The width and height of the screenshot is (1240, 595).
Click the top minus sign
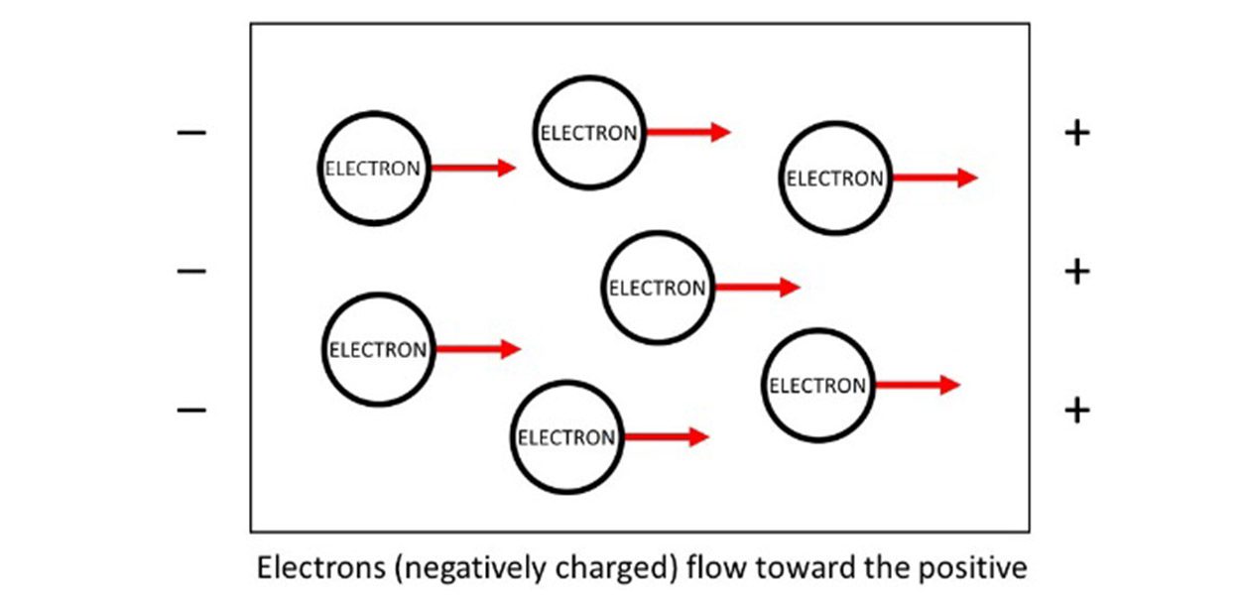click(191, 132)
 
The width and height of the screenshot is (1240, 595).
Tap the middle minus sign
click(191, 270)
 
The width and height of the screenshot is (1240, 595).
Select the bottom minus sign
click(191, 409)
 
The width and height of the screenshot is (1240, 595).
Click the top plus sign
click(1076, 132)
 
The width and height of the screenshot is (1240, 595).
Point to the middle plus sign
click(1076, 270)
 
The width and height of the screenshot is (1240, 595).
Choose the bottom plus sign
click(1076, 409)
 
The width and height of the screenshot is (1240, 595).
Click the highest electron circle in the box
click(589, 132)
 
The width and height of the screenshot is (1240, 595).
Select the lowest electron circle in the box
click(566, 436)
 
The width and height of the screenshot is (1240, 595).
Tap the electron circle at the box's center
click(657, 288)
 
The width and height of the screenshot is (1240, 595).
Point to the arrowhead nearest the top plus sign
click(967, 178)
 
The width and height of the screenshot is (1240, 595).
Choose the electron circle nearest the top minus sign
click(374, 168)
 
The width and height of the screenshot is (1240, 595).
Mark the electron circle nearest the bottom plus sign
click(818, 385)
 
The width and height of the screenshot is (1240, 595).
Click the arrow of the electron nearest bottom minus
click(477, 349)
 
